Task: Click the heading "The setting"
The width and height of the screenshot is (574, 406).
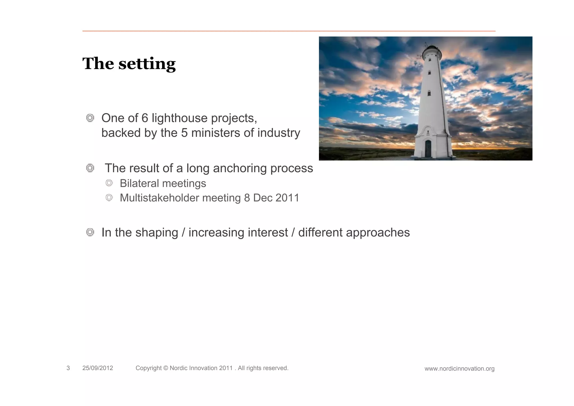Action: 129,64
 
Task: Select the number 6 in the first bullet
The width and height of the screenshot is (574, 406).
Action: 145,118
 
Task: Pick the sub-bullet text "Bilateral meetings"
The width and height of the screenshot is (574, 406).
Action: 163,183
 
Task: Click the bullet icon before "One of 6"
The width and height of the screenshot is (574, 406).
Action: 90,118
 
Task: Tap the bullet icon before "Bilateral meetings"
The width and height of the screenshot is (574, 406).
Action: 109,183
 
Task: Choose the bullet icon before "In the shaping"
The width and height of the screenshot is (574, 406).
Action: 90,232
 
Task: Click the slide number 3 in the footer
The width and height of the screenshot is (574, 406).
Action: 68,368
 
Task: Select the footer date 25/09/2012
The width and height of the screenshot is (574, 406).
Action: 98,368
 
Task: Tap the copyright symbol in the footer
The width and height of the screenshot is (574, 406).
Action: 165,368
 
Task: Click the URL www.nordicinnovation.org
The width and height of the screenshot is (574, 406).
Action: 459,369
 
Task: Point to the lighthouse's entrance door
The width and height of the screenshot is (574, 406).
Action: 428,149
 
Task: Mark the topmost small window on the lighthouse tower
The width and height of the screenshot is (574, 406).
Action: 430,73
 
